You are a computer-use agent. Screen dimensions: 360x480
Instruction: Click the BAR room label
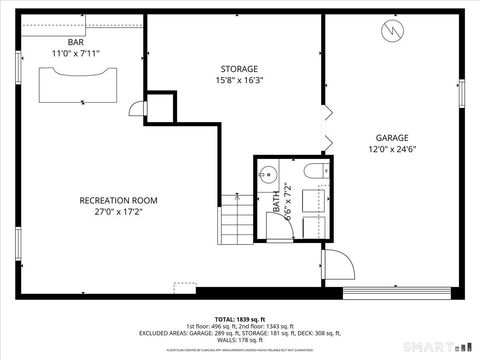click(75, 41)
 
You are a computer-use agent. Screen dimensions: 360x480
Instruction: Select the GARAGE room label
click(392, 138)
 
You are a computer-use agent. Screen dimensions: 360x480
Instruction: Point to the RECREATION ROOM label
click(119, 200)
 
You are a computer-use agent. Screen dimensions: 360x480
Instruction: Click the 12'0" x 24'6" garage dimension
click(392, 150)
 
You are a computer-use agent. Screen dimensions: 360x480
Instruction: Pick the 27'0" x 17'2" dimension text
click(119, 212)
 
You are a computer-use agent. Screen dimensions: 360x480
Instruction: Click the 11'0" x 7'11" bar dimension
click(75, 53)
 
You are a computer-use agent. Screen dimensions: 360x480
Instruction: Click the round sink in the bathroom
click(266, 174)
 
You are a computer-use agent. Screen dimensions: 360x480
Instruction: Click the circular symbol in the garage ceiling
click(392, 32)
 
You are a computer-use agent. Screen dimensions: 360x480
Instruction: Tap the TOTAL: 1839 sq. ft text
click(240, 317)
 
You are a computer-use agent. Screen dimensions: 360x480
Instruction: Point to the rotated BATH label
click(277, 202)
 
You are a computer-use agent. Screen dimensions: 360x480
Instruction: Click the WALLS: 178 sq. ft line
click(240, 341)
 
